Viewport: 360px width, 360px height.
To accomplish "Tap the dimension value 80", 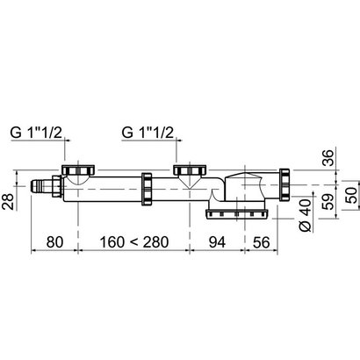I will [54, 238].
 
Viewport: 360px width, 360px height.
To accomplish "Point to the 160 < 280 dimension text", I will [140, 238].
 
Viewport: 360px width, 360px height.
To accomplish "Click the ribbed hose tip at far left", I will [40, 185].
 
